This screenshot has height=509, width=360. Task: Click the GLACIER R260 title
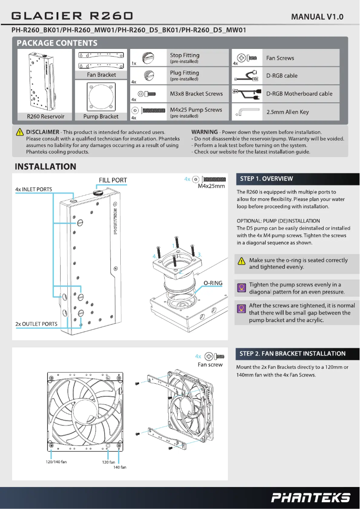[72, 16]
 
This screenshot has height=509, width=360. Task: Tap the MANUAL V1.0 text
[317, 17]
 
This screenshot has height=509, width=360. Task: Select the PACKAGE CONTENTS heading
[57, 43]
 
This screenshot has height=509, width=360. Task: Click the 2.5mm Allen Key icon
[246, 112]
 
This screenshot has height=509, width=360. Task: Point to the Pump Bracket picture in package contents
[101, 96]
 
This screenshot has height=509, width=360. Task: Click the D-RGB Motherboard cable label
[299, 94]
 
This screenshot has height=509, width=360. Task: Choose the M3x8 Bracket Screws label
[196, 94]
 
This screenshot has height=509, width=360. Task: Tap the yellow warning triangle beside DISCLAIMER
[20, 132]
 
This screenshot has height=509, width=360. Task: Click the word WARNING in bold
[204, 132]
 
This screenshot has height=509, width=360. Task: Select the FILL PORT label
[113, 180]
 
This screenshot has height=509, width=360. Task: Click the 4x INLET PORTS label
[34, 189]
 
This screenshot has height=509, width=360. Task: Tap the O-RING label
[213, 283]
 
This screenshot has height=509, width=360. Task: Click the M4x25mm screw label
[211, 186]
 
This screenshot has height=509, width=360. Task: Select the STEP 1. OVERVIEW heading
[266, 179]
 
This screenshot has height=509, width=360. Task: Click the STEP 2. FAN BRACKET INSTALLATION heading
[293, 353]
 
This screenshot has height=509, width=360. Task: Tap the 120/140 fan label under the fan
[57, 462]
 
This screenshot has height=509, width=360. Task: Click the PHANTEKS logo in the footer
[311, 497]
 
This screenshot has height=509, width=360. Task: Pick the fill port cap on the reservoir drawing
[98, 192]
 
